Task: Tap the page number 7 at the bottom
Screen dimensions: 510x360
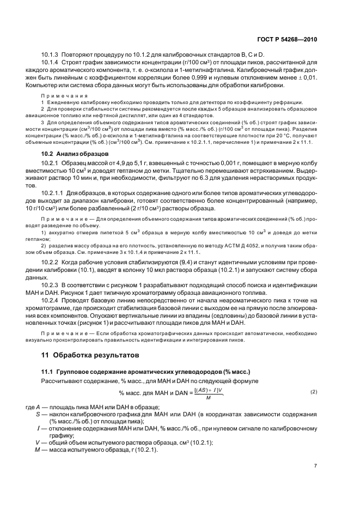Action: pos(315,465)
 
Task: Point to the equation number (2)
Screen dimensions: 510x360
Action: pos(313,392)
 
